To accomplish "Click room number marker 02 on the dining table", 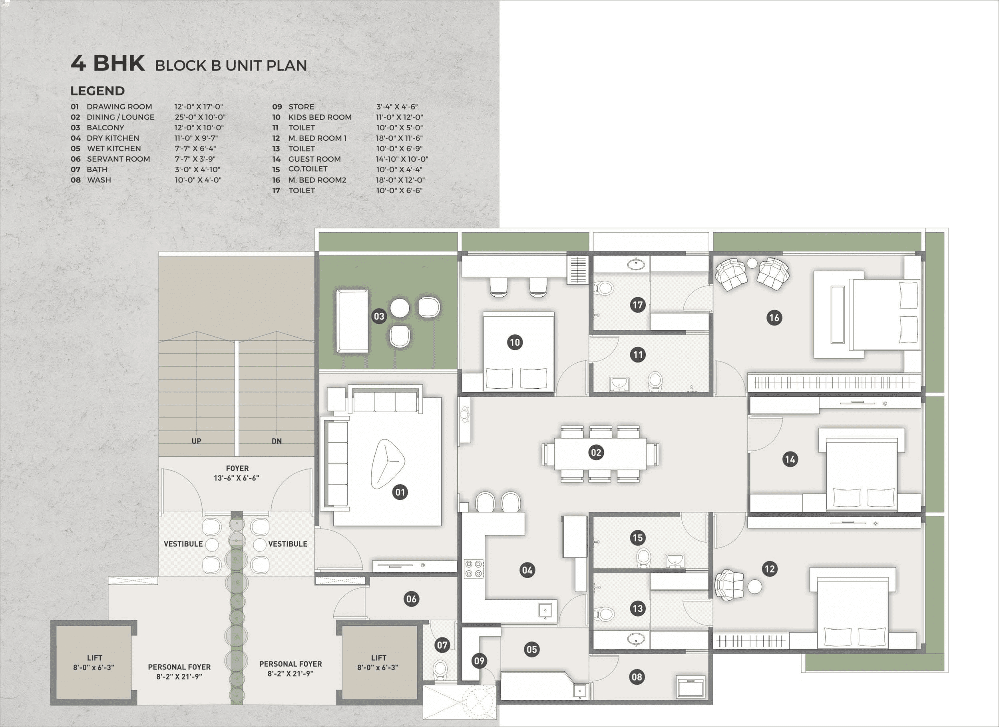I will click(x=595, y=452).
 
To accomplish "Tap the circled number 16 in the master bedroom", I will click(x=774, y=318).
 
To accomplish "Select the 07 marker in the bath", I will click(x=442, y=645).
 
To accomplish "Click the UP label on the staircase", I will click(x=197, y=441).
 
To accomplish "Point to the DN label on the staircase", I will click(x=277, y=441).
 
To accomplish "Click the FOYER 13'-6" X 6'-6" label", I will click(x=237, y=473).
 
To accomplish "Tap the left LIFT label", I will click(x=94, y=662).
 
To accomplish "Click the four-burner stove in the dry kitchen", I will click(x=474, y=569).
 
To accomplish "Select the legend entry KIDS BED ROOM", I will click(x=319, y=117).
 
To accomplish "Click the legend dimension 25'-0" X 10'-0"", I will click(x=200, y=117).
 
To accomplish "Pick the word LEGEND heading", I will click(x=98, y=91).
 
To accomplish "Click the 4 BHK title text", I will click(x=108, y=63).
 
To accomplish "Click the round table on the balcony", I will click(x=400, y=308).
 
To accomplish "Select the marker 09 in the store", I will click(x=479, y=661).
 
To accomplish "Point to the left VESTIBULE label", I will click(x=183, y=544).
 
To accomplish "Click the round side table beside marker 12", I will click(x=754, y=587).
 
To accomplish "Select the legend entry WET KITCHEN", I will click(x=113, y=149).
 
